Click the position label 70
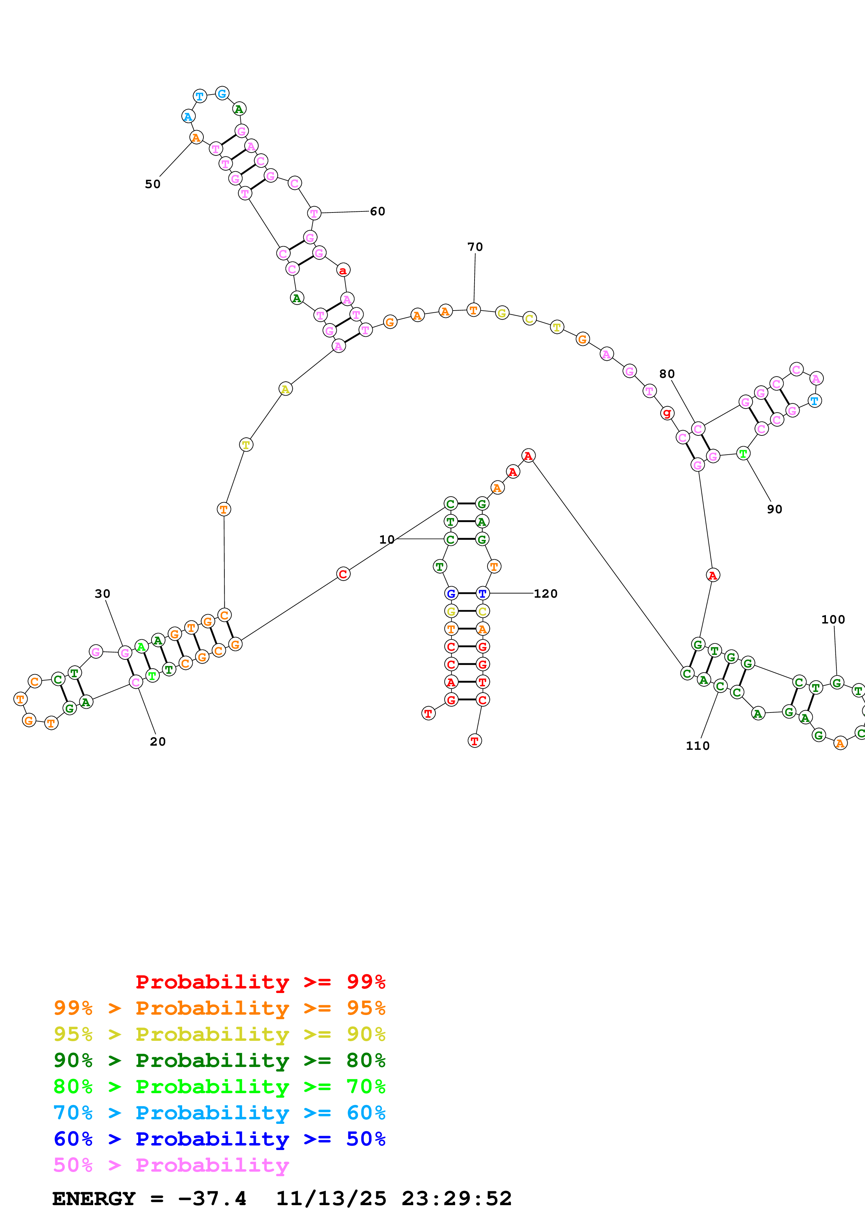(x=475, y=247)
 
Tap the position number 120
(x=545, y=594)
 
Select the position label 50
(x=152, y=184)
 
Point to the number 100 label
(x=833, y=619)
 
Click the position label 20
(x=158, y=741)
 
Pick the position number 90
(x=774, y=509)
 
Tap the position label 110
(x=698, y=746)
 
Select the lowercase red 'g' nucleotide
(x=667, y=413)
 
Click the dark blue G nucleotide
(x=451, y=594)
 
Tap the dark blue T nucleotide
(x=482, y=594)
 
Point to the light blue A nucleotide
(x=188, y=116)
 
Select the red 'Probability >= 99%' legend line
(x=260, y=982)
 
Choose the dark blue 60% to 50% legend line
(x=219, y=1139)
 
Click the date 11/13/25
(x=330, y=1199)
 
